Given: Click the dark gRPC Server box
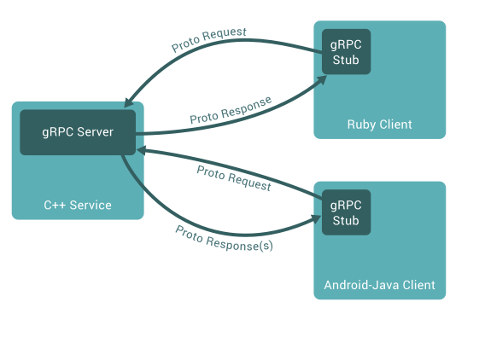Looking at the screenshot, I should click(x=78, y=132).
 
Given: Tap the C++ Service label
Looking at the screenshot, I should click(x=78, y=206).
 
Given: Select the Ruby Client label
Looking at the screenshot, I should click(x=379, y=125).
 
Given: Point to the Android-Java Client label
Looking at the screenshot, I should click(x=379, y=285).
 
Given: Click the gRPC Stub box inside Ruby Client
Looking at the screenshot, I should click(x=346, y=51).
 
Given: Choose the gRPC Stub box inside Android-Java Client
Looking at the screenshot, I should click(x=346, y=212).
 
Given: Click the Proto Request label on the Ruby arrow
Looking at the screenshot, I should click(x=208, y=40).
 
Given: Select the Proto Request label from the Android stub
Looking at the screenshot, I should click(x=234, y=177).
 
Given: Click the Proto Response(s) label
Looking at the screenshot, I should click(x=224, y=238).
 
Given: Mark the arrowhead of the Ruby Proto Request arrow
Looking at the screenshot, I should click(x=128, y=102).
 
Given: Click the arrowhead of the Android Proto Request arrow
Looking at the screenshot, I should click(x=141, y=149).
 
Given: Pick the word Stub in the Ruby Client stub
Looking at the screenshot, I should click(x=346, y=60).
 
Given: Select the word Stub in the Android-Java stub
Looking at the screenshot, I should click(x=346, y=221).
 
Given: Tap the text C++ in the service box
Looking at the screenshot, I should click(x=55, y=206).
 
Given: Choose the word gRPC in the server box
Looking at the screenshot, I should click(x=56, y=132).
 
